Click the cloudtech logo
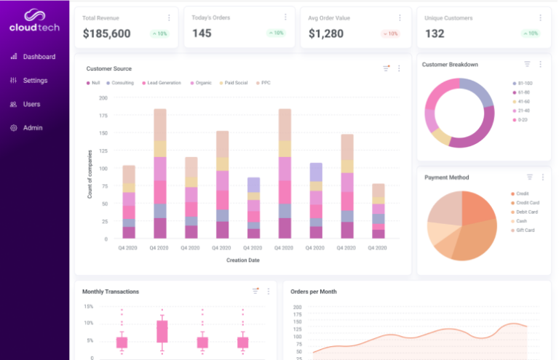pyautogui.click(x=34, y=21)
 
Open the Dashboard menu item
pyautogui.click(x=39, y=57)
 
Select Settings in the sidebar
pyautogui.click(x=35, y=81)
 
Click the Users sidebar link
pyautogui.click(x=31, y=104)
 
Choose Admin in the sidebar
pyautogui.click(x=33, y=128)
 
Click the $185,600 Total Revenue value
pyautogui.click(x=106, y=33)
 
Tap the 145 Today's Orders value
pyautogui.click(x=202, y=33)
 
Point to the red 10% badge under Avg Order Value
pyautogui.click(x=390, y=33)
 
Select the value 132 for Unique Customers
pyautogui.click(x=435, y=33)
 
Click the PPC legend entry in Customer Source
pyautogui.click(x=265, y=83)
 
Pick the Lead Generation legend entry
pyautogui.click(x=164, y=83)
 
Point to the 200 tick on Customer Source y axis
pyautogui.click(x=103, y=97)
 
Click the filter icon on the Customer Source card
pyautogui.click(x=386, y=68)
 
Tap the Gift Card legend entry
pyautogui.click(x=525, y=230)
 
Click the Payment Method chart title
pyautogui.click(x=446, y=177)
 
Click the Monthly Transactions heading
pyautogui.click(x=110, y=292)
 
